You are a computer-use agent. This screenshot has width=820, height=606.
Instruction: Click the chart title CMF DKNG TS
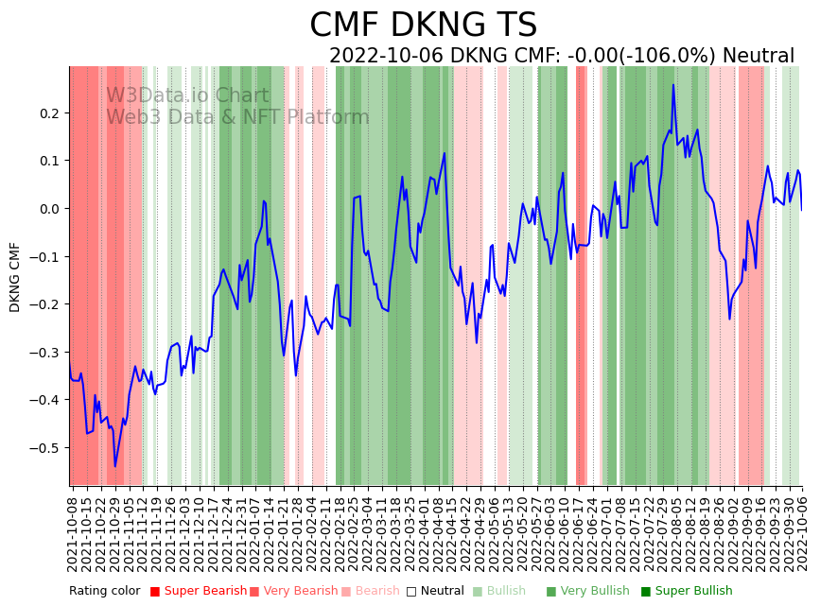423,26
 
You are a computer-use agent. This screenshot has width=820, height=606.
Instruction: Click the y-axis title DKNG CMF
15,276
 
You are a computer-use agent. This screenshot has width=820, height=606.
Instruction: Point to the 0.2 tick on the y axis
48,113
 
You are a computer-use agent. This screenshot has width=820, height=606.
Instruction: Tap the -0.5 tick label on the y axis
45,447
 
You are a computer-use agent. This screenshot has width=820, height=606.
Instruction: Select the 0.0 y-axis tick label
48,209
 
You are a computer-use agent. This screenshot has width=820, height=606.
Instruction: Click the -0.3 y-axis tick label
45,352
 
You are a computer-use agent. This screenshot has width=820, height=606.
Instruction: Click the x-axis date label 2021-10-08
72,529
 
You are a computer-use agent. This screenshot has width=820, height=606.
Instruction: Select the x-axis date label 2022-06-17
579,529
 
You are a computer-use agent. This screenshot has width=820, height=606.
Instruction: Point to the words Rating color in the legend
104,591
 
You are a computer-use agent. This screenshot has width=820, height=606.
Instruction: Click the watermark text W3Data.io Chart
187,95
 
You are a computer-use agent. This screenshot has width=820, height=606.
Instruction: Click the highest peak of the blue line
673,85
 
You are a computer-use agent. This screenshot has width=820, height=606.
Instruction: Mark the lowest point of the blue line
115,466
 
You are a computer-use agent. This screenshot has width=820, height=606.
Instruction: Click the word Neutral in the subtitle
759,56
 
